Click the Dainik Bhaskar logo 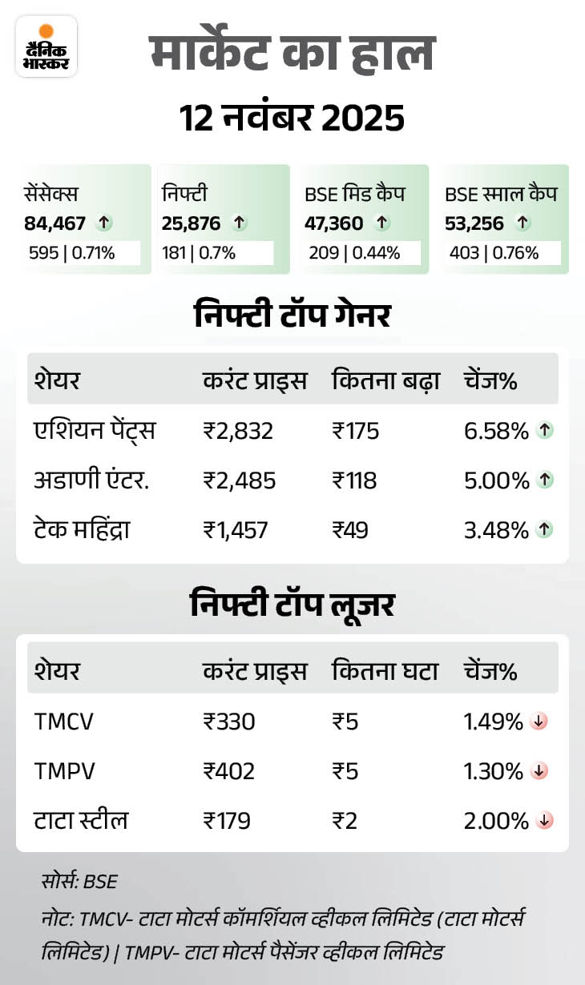[46, 46]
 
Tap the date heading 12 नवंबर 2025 [292, 119]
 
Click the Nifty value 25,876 [191, 223]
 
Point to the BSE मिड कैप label [354, 194]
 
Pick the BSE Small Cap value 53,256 [474, 223]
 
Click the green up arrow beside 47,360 [382, 223]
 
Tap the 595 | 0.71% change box [80, 253]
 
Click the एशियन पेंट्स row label [95, 432]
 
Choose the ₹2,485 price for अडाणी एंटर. [239, 480]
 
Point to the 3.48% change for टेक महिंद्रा [495, 529]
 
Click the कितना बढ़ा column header [385, 380]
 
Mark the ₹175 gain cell [355, 432]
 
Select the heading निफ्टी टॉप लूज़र [292, 605]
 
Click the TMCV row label [63, 722]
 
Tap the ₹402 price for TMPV [228, 771]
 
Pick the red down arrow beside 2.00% [545, 820]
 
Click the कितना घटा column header [385, 671]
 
